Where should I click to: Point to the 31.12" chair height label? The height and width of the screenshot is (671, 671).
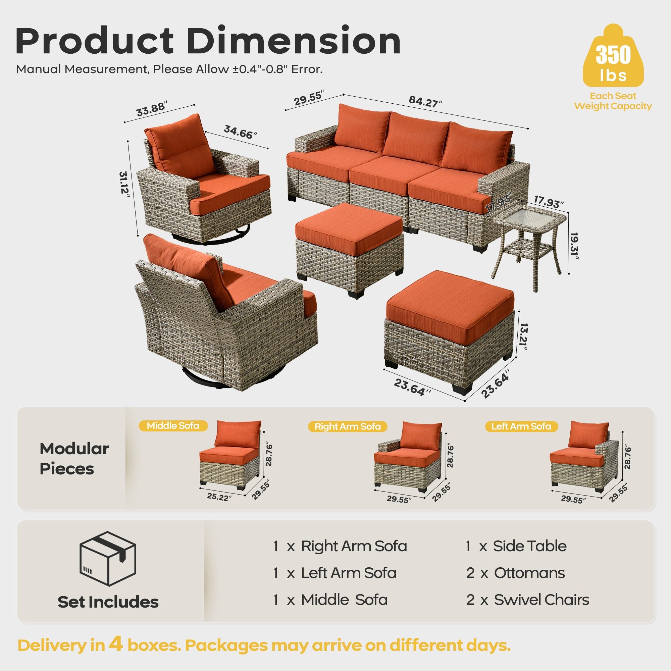tap(124, 185)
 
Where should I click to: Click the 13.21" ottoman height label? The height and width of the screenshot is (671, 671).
tap(523, 337)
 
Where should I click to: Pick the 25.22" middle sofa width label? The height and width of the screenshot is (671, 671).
tap(219, 497)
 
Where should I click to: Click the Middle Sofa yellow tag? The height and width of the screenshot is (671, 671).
tap(173, 426)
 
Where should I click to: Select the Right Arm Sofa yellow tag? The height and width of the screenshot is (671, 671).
tap(348, 426)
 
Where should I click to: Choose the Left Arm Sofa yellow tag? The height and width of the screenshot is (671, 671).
tap(521, 426)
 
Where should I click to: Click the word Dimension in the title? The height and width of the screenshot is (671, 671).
tap(294, 42)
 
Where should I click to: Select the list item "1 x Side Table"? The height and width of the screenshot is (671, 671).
tap(516, 546)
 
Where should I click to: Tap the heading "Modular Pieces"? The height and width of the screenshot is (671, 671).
tap(74, 459)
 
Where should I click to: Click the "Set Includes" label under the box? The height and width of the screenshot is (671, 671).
tap(108, 602)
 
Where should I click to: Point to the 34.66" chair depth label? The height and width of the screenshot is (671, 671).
tap(240, 132)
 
